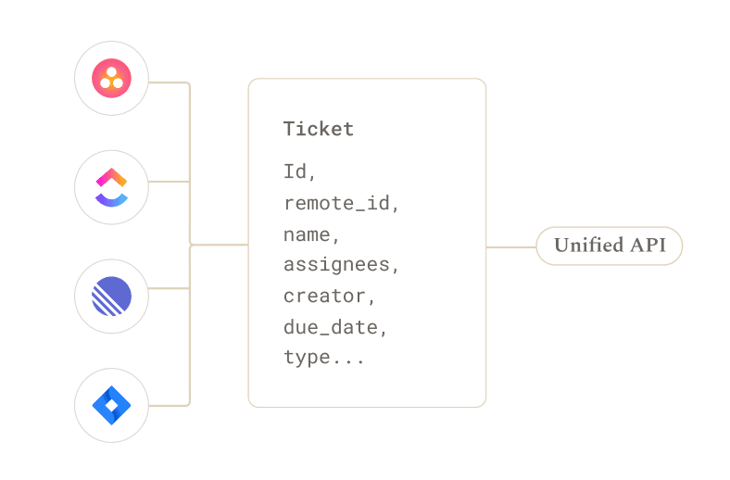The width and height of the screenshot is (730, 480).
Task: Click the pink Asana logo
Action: [112, 78]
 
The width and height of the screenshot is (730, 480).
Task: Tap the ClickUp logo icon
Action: [112, 187]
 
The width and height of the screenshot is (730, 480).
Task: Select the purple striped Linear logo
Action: [112, 297]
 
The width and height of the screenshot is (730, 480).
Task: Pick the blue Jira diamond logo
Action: [112, 406]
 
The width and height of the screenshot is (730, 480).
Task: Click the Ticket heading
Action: [319, 129]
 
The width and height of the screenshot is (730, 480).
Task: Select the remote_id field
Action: [341, 203]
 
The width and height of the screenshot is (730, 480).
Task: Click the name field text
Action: [311, 234]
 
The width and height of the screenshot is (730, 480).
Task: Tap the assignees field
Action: [341, 265]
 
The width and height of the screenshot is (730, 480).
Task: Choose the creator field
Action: [329, 297]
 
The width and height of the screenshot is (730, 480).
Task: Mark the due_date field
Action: [335, 327]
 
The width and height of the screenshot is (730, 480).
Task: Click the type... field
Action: [324, 358]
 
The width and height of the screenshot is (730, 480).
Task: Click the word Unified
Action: [589, 245]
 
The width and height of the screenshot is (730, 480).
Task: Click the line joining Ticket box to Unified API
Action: [511, 247]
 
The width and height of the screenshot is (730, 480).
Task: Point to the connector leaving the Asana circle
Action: [170, 82]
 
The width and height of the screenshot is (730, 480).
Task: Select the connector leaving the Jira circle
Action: [170, 406]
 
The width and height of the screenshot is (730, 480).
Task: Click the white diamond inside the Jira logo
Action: [112, 406]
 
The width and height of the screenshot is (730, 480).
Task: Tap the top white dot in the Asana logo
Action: [111, 72]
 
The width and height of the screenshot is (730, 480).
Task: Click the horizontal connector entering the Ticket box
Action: [220, 245]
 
